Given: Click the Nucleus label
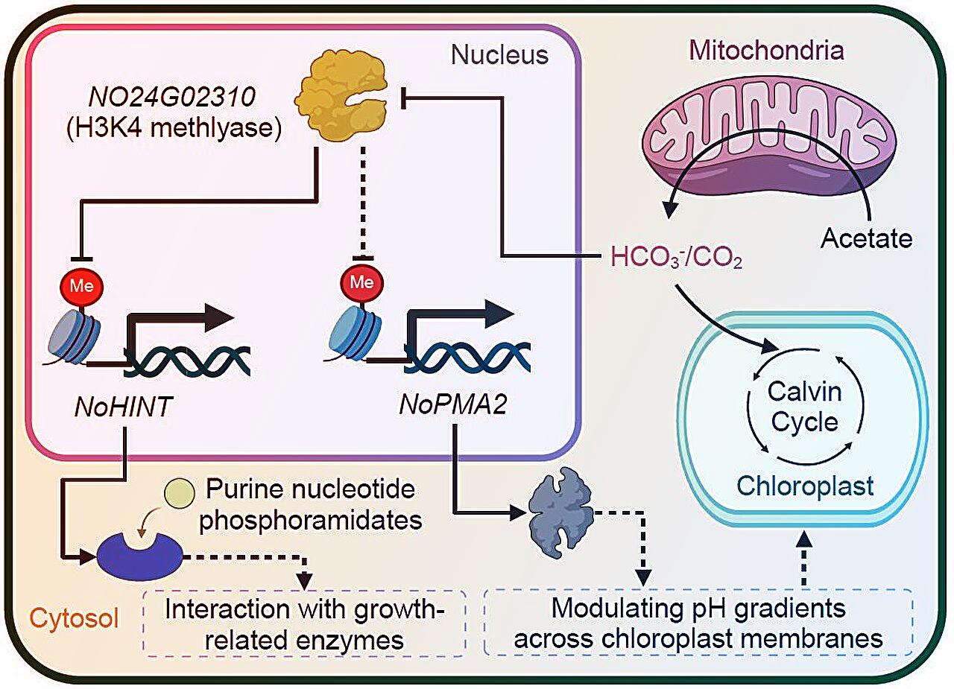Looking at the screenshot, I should [x=499, y=55].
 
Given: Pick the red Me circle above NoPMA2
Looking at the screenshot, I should [x=361, y=283].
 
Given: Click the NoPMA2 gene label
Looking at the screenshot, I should [x=446, y=405].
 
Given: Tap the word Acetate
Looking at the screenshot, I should [x=866, y=239].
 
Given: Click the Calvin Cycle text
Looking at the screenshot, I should [x=804, y=407].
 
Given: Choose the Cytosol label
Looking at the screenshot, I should [x=75, y=618].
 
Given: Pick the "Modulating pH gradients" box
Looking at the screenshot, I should [x=698, y=622].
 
